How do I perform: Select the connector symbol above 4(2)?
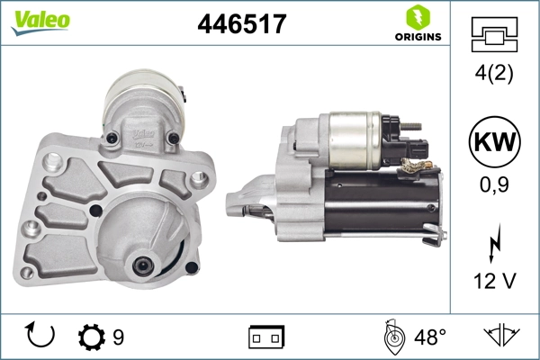pos(492,35)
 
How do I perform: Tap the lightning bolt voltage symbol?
pos(492,242)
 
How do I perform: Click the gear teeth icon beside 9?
pos(92,337)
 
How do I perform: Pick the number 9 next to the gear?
pos(118,337)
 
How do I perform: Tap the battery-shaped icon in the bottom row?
pos(266,337)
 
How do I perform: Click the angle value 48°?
pos(429,337)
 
